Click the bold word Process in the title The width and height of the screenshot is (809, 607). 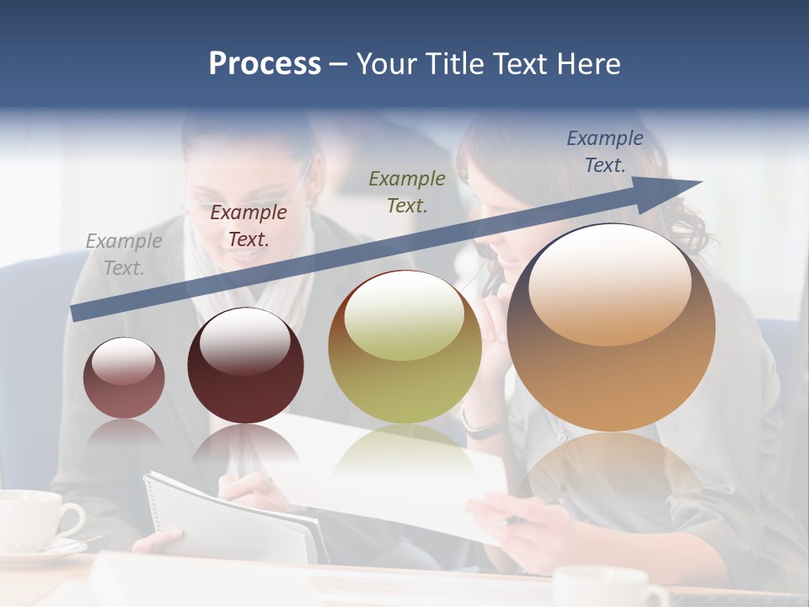click(265, 64)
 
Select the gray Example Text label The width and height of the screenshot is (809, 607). click(123, 254)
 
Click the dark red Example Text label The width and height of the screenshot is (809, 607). click(248, 225)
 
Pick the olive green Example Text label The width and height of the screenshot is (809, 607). click(406, 191)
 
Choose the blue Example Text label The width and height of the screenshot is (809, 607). click(604, 151)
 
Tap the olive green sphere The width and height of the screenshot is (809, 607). click(404, 347)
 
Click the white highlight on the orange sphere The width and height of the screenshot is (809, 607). click(609, 282)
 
